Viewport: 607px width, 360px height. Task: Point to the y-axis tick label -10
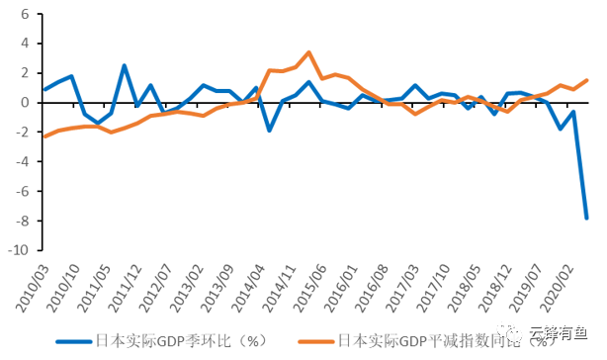(x=18, y=250)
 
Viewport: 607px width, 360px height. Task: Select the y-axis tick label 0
(x=24, y=103)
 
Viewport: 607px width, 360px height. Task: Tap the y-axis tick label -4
(x=21, y=162)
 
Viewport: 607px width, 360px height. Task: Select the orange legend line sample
(x=311, y=341)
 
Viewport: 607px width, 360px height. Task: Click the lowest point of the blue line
(x=586, y=218)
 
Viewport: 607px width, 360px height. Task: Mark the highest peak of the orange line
(x=308, y=52)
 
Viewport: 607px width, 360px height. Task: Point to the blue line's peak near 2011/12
(x=125, y=66)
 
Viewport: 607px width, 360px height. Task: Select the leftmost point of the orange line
(x=44, y=136)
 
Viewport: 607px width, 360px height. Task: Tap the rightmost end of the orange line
(x=586, y=80)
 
